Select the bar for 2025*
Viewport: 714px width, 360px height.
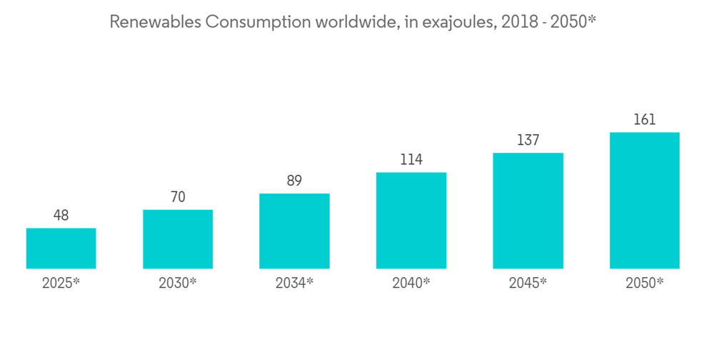[61, 249]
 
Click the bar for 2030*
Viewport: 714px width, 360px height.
[178, 239]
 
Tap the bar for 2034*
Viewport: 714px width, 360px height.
[294, 231]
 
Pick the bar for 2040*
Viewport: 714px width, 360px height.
[411, 221]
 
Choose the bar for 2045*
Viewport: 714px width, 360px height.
[528, 211]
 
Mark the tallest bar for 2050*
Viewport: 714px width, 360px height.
[644, 201]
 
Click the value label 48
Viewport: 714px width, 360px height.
[61, 215]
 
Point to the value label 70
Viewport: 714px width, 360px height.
[178, 196]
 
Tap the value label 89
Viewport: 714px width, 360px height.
[294, 181]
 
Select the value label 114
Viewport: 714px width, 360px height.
[411, 159]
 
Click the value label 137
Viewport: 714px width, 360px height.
[528, 140]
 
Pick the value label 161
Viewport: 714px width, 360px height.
[644, 119]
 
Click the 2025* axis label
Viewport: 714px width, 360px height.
[61, 283]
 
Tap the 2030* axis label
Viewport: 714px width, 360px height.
[178, 283]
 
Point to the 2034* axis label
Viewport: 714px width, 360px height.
[294, 283]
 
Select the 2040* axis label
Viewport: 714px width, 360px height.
[411, 283]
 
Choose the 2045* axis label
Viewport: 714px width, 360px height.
[528, 283]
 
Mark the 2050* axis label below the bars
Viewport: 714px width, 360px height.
[644, 283]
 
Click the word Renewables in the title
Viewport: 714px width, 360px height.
[154, 22]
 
